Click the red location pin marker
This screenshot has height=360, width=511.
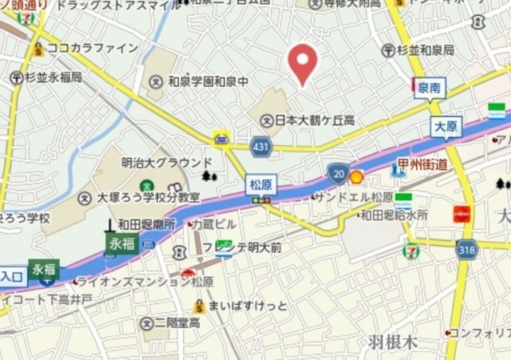303,63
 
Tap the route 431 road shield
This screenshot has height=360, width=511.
261,147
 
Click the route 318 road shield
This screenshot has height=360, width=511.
467,249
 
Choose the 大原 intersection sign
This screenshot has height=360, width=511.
446,127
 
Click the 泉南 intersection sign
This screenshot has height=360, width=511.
430,88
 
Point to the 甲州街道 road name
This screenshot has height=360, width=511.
422,164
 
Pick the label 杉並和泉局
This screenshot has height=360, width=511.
424,50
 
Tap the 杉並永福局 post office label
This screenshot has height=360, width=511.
53,77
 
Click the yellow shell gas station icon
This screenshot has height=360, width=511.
357,176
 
